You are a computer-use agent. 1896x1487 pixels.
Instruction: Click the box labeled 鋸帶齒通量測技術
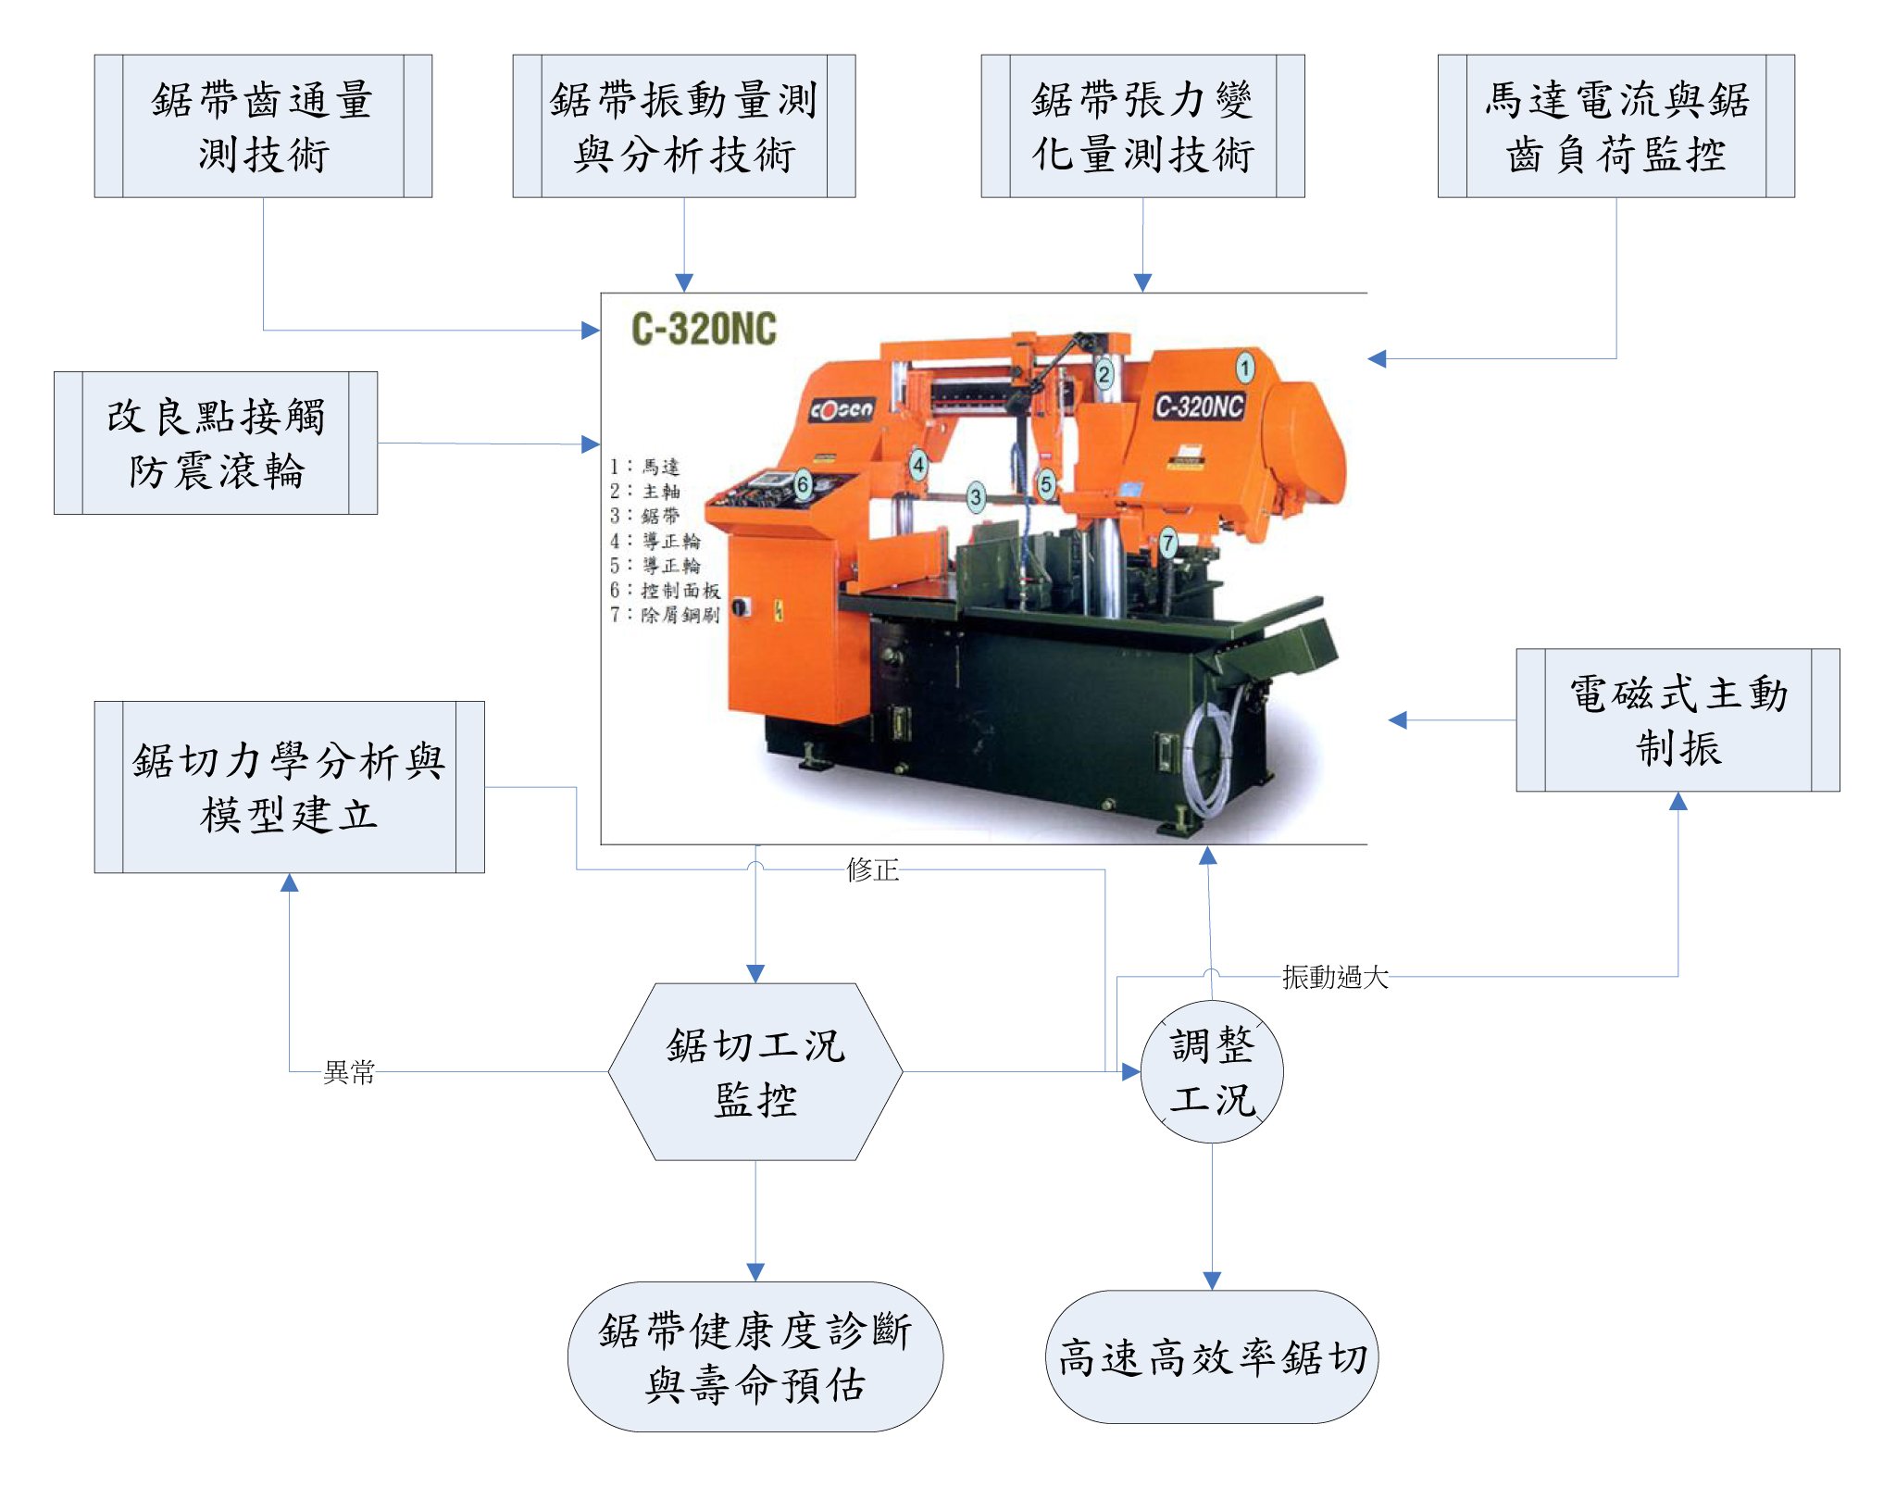tap(263, 126)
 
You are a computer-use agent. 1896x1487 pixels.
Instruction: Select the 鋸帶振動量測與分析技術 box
tap(684, 126)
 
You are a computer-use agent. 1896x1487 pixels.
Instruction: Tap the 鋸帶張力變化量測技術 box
tap(1142, 126)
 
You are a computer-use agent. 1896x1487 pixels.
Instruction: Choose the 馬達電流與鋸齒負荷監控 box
tap(1615, 126)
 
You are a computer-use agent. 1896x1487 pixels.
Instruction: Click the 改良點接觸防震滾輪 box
tap(216, 443)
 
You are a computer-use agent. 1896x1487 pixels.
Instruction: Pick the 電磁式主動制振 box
tap(1678, 720)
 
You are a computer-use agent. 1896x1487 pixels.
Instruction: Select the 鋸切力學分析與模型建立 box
tap(289, 787)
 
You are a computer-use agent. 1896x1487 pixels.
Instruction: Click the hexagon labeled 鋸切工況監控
tap(755, 1072)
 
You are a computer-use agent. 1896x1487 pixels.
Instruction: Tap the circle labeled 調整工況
tap(1212, 1072)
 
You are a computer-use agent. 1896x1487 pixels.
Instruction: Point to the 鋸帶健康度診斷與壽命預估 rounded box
tap(755, 1357)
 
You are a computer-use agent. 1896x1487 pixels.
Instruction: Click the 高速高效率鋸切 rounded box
tap(1212, 1357)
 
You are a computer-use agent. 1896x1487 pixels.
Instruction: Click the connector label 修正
tap(872, 869)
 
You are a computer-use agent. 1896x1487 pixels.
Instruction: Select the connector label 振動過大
tap(1335, 977)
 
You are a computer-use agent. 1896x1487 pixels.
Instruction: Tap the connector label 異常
tap(349, 1072)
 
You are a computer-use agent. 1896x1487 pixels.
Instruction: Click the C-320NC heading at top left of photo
tap(704, 330)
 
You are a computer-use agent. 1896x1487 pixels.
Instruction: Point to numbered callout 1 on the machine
tap(1245, 368)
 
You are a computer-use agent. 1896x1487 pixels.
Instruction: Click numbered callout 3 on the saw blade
tap(975, 496)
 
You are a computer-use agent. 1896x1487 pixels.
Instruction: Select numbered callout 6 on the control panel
tap(803, 483)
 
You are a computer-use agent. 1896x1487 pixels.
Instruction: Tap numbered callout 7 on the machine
tap(1168, 543)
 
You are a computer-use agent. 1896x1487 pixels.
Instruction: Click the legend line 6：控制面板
tap(665, 590)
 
